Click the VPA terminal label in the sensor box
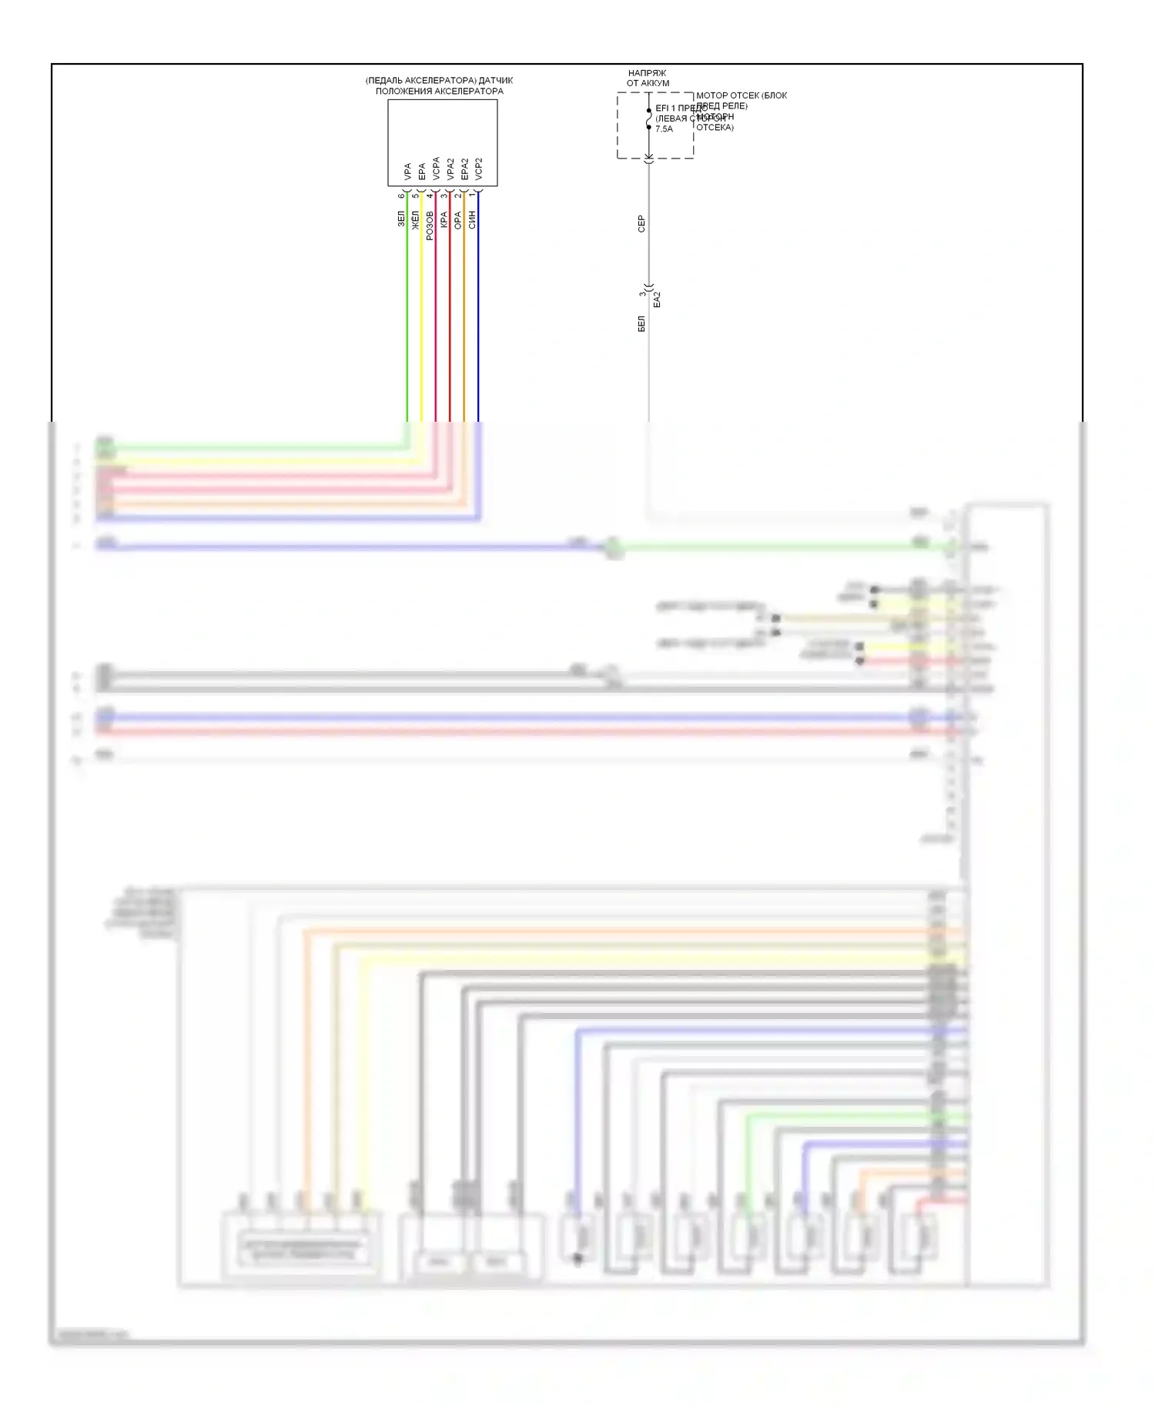pyautogui.click(x=407, y=171)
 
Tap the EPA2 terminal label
pyautogui.click(x=464, y=169)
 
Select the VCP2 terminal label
pyautogui.click(x=478, y=169)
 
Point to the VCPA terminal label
pyautogui.click(x=436, y=169)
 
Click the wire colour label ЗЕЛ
pyautogui.click(x=400, y=219)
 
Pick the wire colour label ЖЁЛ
pyautogui.click(x=415, y=220)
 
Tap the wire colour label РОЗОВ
pyautogui.click(x=430, y=225)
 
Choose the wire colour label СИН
pyautogui.click(x=472, y=219)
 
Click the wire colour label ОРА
pyautogui.click(x=458, y=221)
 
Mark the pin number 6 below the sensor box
pyautogui.click(x=401, y=196)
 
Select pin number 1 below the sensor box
pyautogui.click(x=472, y=196)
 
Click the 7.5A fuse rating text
pyautogui.click(x=664, y=129)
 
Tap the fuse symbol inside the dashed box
pyautogui.click(x=648, y=119)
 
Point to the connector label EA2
pyautogui.click(x=657, y=299)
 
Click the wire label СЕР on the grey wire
pyautogui.click(x=641, y=223)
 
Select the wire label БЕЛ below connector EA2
pyautogui.click(x=641, y=323)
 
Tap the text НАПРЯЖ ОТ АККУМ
pyautogui.click(x=648, y=78)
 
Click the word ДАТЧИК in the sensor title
pyautogui.click(x=496, y=80)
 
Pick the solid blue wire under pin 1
pyautogui.click(x=478, y=323)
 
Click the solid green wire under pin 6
pyautogui.click(x=407, y=323)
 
